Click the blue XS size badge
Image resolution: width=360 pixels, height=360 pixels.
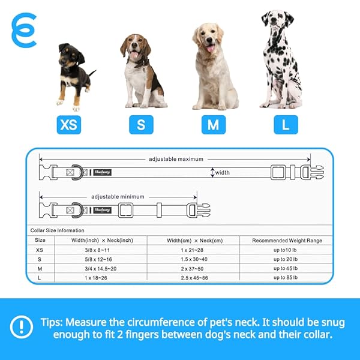click(x=69, y=125)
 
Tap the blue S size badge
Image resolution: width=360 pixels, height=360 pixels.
click(x=141, y=125)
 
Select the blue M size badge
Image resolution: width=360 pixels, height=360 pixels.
click(x=214, y=125)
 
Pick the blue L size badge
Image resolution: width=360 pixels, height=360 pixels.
click(x=286, y=125)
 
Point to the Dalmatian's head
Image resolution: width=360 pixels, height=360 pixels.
click(x=277, y=20)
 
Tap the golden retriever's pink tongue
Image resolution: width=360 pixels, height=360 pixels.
click(x=211, y=49)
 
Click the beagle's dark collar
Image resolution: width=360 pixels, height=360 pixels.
click(x=140, y=62)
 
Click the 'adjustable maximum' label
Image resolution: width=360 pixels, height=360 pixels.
click(x=176, y=159)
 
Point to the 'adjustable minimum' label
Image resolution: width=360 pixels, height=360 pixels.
click(x=118, y=197)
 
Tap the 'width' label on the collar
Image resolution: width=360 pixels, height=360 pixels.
click(x=222, y=172)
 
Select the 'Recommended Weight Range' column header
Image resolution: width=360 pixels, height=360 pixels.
click(x=287, y=241)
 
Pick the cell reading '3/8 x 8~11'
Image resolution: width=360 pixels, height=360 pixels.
click(x=97, y=250)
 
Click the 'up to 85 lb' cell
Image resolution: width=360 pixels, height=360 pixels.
click(x=286, y=278)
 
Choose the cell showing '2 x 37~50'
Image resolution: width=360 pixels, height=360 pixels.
click(x=192, y=269)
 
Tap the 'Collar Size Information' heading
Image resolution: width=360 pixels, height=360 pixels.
click(x=57, y=230)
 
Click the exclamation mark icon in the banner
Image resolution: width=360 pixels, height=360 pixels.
click(x=22, y=327)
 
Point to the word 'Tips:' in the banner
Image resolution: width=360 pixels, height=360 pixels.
click(x=52, y=322)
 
